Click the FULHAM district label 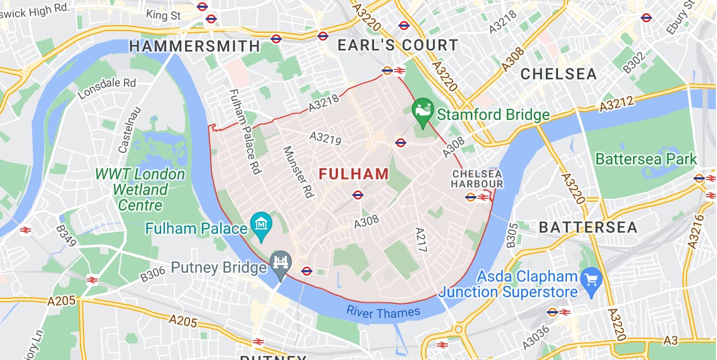(354, 174)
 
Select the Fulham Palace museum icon (260, 224)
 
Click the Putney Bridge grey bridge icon (281, 261)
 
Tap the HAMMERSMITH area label (195, 46)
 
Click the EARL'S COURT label (398, 46)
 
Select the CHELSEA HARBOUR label (477, 179)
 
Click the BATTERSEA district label (588, 227)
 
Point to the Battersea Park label (646, 159)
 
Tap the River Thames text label (384, 312)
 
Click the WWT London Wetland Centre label (140, 189)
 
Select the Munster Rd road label (299, 172)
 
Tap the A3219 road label (326, 138)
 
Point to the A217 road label (421, 239)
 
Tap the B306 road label (153, 273)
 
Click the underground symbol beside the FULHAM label (357, 195)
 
